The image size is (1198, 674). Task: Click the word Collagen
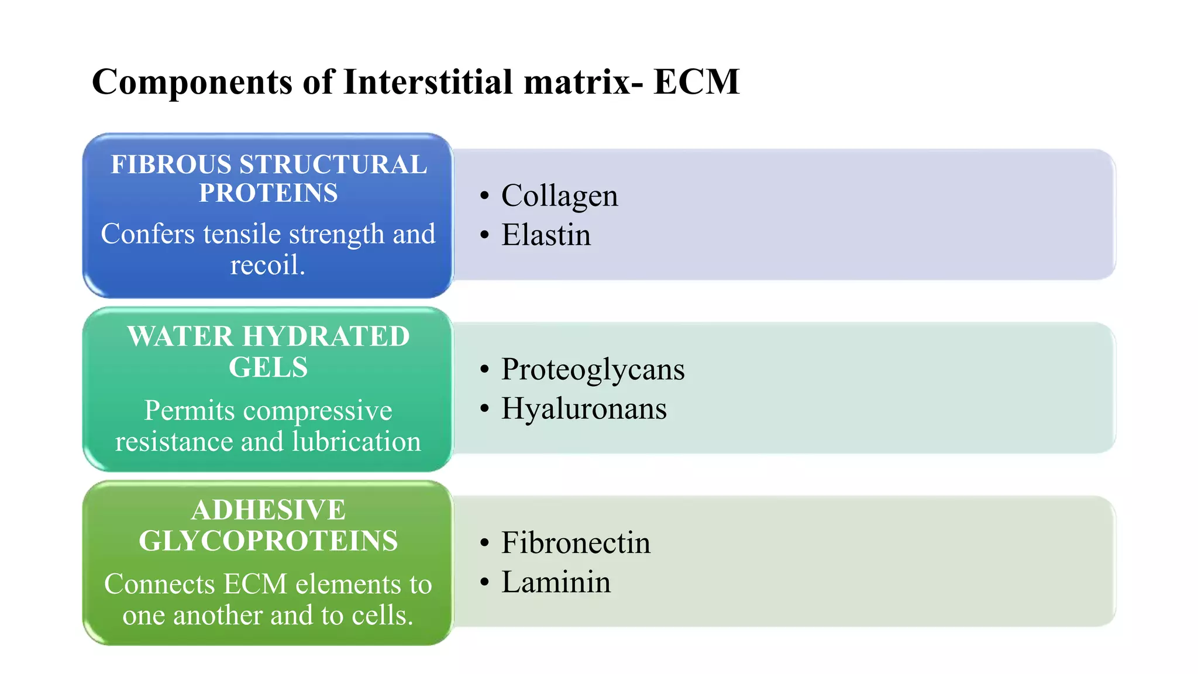pyautogui.click(x=559, y=196)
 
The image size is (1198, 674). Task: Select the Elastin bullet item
pyautogui.click(x=546, y=235)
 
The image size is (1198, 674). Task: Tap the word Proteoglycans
pyautogui.click(x=593, y=370)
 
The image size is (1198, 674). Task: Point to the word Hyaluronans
pyautogui.click(x=584, y=408)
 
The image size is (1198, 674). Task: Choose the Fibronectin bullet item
pyautogui.click(x=576, y=543)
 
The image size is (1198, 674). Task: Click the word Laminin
pyautogui.click(x=556, y=582)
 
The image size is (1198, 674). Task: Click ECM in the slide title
pyautogui.click(x=696, y=81)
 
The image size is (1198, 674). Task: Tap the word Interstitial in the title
pyautogui.click(x=428, y=81)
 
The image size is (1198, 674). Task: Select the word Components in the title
pyautogui.click(x=192, y=81)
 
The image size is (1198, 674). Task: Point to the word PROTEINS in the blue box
pyautogui.click(x=268, y=193)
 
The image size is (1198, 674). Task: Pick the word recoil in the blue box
pyautogui.click(x=266, y=265)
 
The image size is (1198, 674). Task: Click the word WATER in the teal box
pyautogui.click(x=180, y=336)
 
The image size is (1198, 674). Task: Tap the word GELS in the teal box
pyautogui.click(x=268, y=367)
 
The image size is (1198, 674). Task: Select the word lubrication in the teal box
pyautogui.click(x=356, y=441)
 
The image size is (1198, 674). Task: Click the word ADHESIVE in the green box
pyautogui.click(x=268, y=510)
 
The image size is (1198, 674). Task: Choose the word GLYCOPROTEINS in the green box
pyautogui.click(x=268, y=541)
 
